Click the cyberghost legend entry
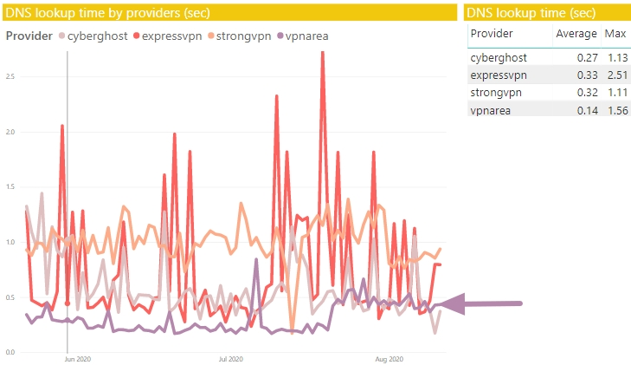click(93, 36)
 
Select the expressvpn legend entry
click(167, 36)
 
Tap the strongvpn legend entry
click(240, 36)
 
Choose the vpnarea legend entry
click(303, 36)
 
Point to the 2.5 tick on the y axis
click(10, 76)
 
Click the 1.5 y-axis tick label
click(10, 187)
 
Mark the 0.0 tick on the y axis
click(10, 353)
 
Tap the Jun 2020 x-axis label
click(78, 359)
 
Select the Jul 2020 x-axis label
click(230, 359)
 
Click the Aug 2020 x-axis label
click(390, 359)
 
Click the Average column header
click(576, 34)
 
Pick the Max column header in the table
click(615, 34)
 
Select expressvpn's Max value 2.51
click(618, 75)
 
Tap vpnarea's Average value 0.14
click(587, 110)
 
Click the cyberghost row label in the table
click(499, 58)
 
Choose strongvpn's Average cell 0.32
click(587, 93)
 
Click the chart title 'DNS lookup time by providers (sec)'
click(108, 13)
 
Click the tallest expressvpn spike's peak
click(322, 52)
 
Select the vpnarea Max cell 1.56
click(618, 110)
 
